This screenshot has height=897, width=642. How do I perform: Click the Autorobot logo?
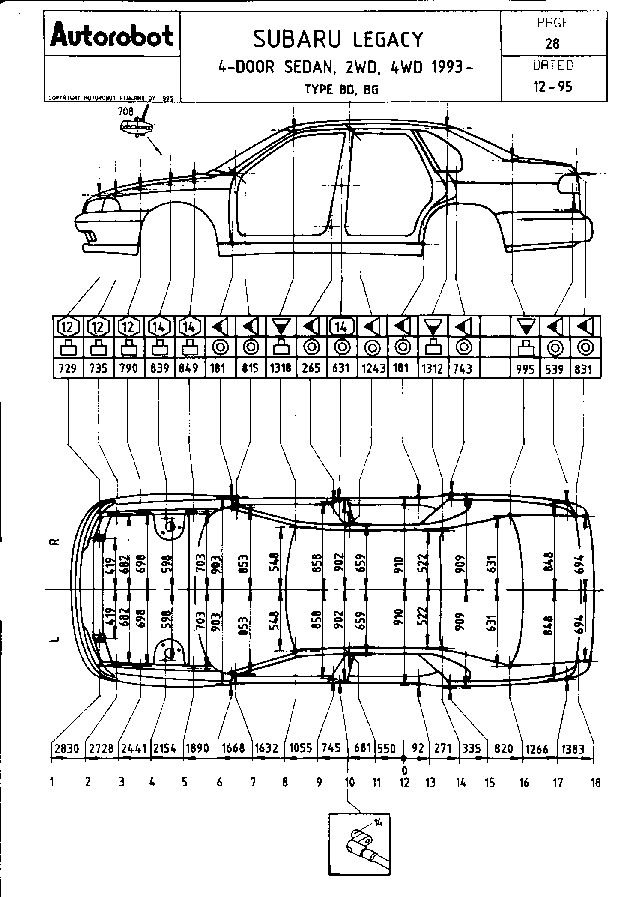(112, 35)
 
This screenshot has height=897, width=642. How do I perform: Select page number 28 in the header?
(553, 43)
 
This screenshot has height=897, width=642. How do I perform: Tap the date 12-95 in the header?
(553, 87)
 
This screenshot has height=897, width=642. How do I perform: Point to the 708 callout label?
(126, 112)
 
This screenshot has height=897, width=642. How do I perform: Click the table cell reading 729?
(68, 368)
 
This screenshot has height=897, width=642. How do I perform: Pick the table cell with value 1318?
(281, 368)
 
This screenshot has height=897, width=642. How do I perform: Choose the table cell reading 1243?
(372, 368)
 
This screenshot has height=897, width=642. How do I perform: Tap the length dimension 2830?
(67, 748)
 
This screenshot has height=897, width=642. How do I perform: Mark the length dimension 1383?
(573, 749)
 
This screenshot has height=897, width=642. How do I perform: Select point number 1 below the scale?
(52, 783)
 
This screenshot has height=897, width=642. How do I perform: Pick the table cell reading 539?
(555, 368)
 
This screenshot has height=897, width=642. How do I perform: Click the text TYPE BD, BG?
(341, 90)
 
